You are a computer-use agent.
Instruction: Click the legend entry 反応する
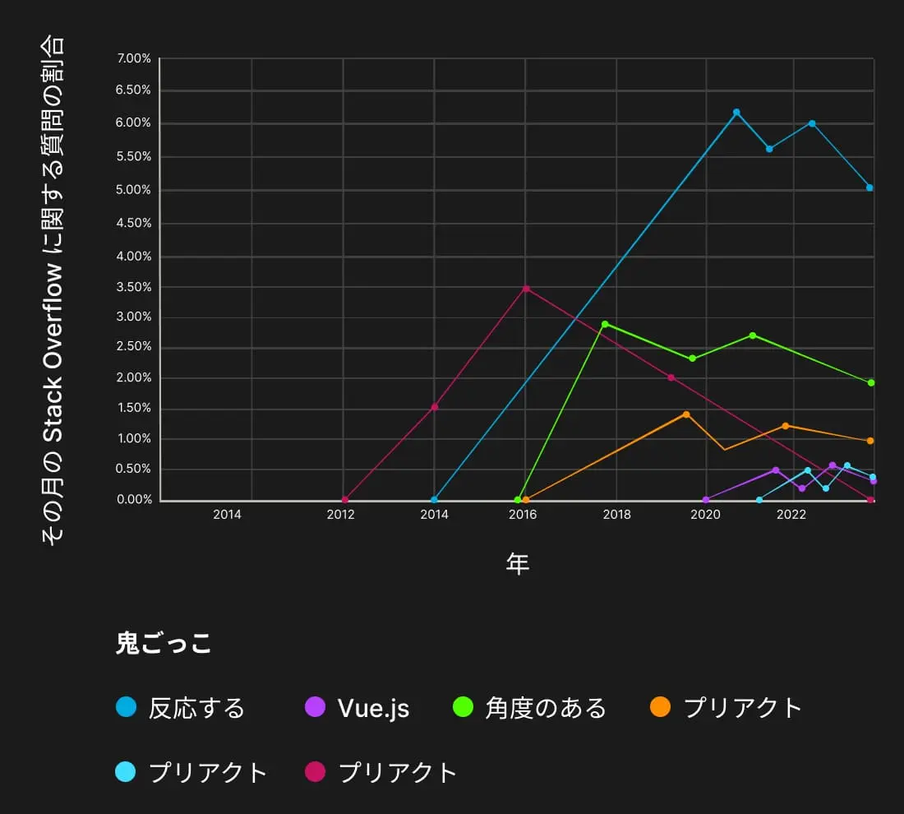[196, 707]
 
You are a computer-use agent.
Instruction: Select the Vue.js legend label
[373, 707]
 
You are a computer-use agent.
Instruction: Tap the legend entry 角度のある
[545, 707]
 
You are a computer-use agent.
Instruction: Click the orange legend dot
[660, 706]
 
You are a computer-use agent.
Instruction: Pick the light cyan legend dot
[126, 772]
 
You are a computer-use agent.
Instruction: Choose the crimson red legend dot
[316, 772]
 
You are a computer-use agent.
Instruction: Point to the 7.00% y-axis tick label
[134, 58]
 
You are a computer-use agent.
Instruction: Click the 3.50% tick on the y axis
[134, 287]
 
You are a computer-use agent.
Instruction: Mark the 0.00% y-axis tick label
[134, 499]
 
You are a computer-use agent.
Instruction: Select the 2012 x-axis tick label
[340, 516]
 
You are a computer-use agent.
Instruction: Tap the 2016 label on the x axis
[523, 516]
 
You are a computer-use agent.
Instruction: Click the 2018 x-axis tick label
[617, 516]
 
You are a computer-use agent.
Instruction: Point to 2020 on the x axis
[705, 516]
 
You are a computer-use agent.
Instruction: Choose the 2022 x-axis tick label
[791, 516]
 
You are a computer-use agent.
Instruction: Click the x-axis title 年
[518, 564]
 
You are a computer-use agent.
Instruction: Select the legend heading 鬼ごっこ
[164, 643]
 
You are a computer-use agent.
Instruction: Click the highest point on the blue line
[736, 112]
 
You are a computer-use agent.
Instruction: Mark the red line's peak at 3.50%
[526, 289]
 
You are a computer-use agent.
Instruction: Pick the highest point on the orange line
[686, 414]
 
